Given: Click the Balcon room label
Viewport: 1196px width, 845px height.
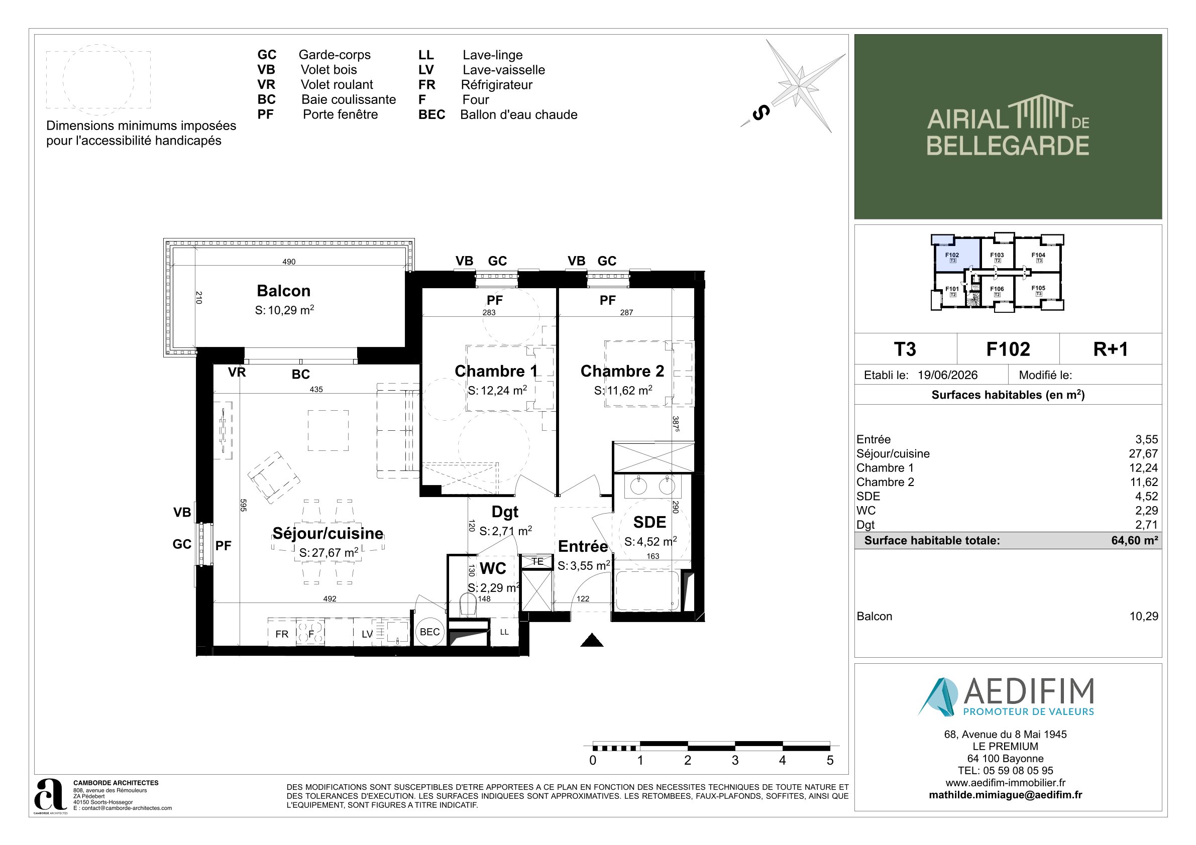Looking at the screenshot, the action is [x=283, y=291].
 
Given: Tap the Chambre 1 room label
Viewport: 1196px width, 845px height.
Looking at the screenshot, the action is [x=496, y=371].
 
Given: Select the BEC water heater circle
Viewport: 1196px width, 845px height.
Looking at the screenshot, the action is [x=430, y=632].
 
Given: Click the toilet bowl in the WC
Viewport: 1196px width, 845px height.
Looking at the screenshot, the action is [x=468, y=605].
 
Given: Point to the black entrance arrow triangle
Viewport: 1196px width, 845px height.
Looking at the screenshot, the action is [x=592, y=640].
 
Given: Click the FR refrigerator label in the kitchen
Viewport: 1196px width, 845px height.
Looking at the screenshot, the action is [x=282, y=634].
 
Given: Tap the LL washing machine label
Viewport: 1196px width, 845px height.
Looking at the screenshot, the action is [x=504, y=632].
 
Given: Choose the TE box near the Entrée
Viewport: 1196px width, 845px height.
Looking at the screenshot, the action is [x=537, y=561].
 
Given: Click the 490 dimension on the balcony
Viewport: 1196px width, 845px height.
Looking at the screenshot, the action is [x=289, y=262].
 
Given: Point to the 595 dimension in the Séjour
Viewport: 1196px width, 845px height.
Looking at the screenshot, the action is [x=243, y=505].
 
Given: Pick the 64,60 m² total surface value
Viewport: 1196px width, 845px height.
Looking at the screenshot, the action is [x=1135, y=540].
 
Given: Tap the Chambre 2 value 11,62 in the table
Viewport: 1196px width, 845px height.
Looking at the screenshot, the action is [x=1143, y=482].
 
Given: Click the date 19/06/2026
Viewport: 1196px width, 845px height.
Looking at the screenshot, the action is [x=947, y=375].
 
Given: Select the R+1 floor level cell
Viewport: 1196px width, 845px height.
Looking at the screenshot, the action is [x=1111, y=349].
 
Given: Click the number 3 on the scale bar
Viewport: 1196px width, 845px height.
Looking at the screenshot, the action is [x=735, y=760].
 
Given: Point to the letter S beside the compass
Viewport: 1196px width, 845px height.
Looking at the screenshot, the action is [x=761, y=112].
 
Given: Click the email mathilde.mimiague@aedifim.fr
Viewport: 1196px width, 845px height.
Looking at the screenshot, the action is [x=1005, y=795].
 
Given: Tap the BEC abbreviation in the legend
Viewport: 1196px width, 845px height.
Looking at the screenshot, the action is [x=432, y=114].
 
